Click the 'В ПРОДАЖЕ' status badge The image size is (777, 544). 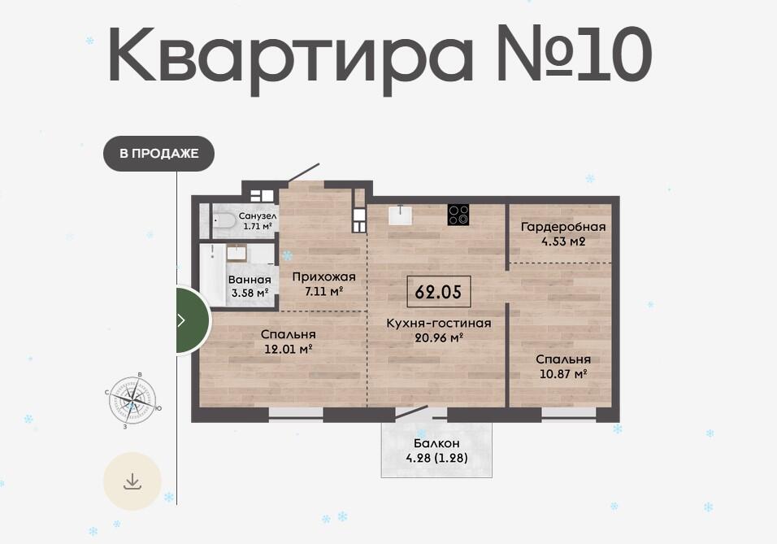[158, 153]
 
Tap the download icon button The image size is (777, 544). [132, 481]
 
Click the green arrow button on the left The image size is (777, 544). [193, 320]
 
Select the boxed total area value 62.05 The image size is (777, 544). [439, 292]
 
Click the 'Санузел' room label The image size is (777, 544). [258, 216]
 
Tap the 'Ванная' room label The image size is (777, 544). [250, 281]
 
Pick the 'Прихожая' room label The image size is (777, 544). [323, 276]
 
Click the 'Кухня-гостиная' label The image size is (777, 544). [439, 324]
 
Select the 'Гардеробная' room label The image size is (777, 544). [563, 227]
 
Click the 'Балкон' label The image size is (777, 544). [436, 443]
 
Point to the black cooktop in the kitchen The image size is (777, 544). [458, 215]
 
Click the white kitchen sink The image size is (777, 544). [400, 215]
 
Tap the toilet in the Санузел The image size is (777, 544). [224, 221]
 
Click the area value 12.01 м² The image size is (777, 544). [288, 349]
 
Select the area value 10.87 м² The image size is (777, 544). [563, 373]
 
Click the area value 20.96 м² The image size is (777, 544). [439, 338]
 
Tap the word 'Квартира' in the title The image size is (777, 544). [290, 55]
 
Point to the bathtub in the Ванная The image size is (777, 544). [212, 275]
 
